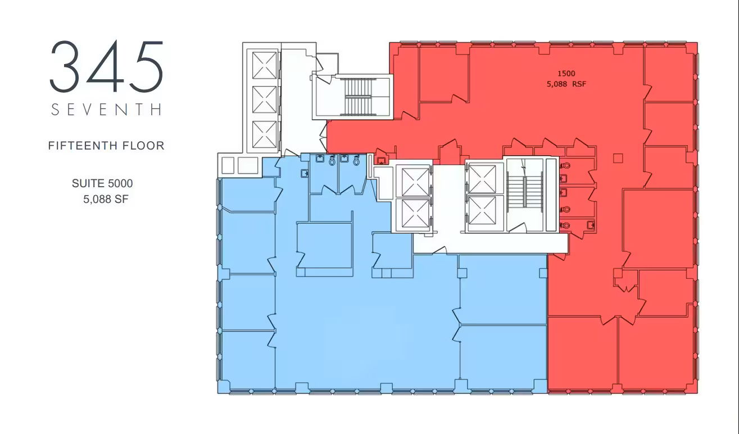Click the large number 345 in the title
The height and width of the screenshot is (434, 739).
pos(107,66)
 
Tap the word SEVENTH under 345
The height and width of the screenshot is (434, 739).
pos(107,110)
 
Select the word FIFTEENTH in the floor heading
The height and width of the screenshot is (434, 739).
pos(83,146)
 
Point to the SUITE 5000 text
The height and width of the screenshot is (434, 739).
pos(102,183)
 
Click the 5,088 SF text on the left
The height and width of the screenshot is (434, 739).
pos(106,200)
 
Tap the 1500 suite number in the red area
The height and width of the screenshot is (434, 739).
pos(566,74)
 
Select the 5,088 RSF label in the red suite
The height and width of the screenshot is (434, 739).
pos(566,84)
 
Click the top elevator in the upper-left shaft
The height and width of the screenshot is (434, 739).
pos(264,65)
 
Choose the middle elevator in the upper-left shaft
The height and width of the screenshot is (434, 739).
pos(264,100)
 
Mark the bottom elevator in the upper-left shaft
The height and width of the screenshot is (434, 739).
pos(264,134)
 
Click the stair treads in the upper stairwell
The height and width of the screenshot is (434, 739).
pos(358,97)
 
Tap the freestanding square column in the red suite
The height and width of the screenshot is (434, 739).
pos(618,159)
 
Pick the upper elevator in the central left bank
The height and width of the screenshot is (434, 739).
pos(415,182)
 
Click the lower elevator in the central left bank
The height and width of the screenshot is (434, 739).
pos(415,214)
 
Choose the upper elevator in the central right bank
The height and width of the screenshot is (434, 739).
pos(482,179)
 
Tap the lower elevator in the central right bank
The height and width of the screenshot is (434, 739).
pos(482,210)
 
